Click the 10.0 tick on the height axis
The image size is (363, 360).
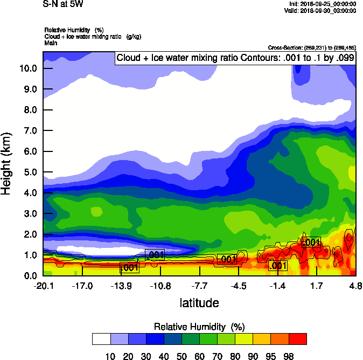(x=27, y=68)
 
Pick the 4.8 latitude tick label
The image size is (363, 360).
(x=355, y=286)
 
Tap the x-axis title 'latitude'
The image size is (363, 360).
(x=199, y=303)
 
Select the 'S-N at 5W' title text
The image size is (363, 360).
(x=63, y=4)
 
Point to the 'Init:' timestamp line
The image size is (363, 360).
(x=322, y=4)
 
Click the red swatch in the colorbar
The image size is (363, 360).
(x=297, y=338)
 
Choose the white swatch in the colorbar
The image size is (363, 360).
(x=101, y=338)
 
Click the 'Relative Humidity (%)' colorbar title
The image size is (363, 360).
(x=199, y=327)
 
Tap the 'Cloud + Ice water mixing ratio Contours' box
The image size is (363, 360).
(x=235, y=58)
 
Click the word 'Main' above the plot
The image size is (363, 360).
(x=51, y=42)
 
